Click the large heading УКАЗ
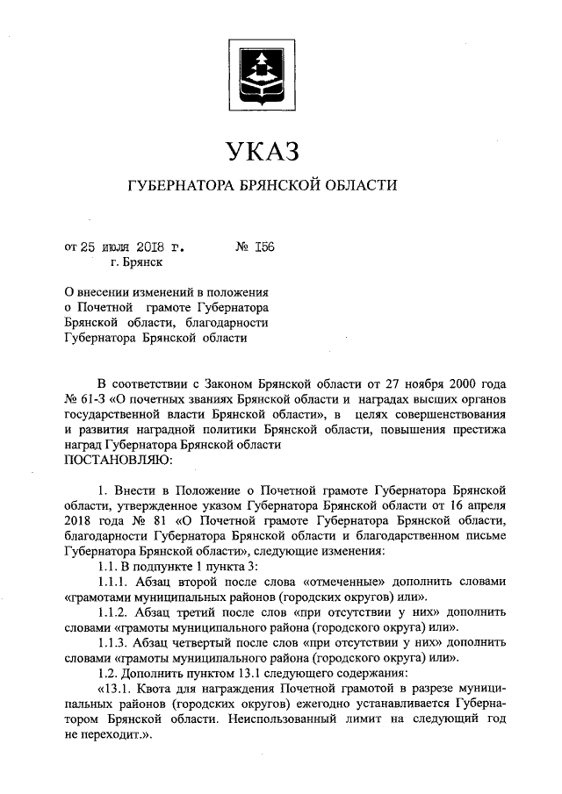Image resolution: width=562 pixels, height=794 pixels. pos(263,151)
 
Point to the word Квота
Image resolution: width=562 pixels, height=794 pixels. pos(162,689)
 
